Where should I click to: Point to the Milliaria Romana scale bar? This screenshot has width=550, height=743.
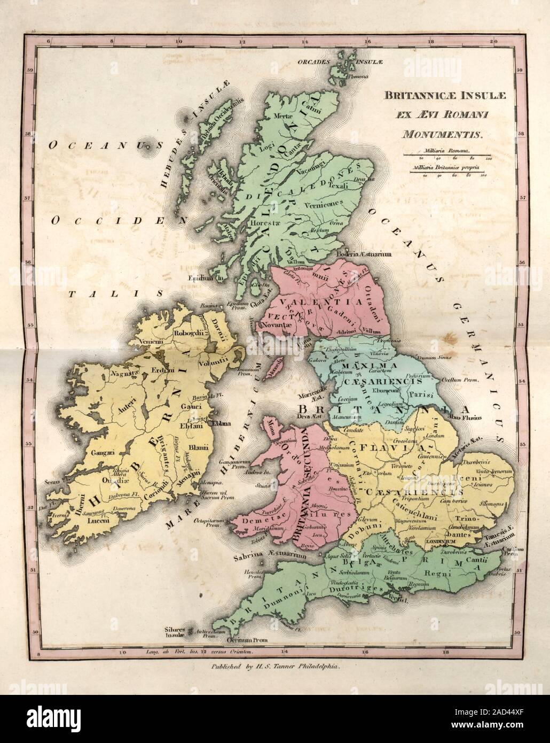coord(446,156)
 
